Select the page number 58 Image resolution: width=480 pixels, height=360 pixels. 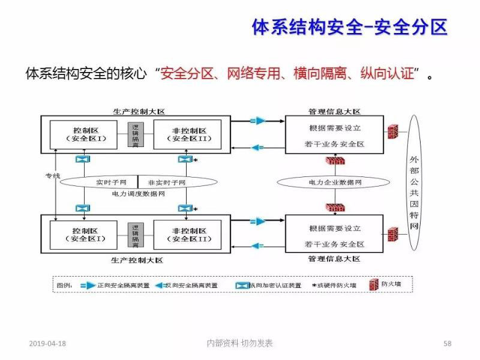coord(448,344)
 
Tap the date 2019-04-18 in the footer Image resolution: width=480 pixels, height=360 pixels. coord(47,344)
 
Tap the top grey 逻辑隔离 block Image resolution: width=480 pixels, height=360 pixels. coord(136,134)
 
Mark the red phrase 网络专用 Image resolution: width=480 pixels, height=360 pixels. coord(254,74)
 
